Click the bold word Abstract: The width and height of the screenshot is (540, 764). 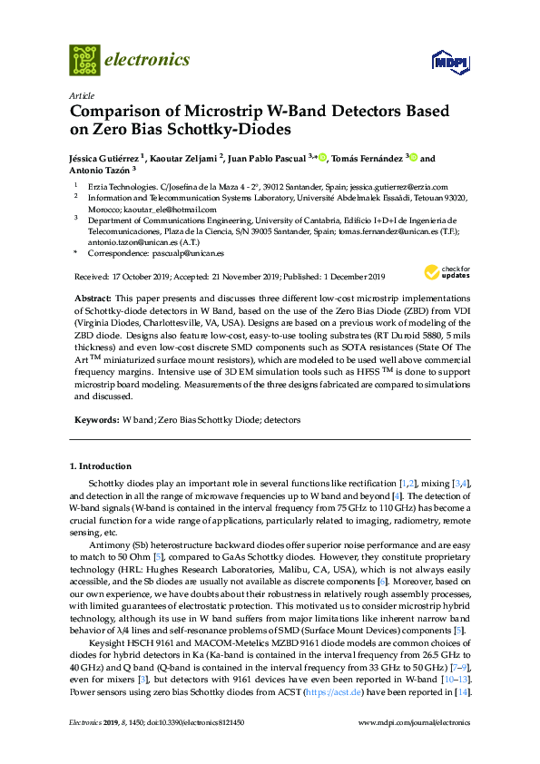91,299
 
